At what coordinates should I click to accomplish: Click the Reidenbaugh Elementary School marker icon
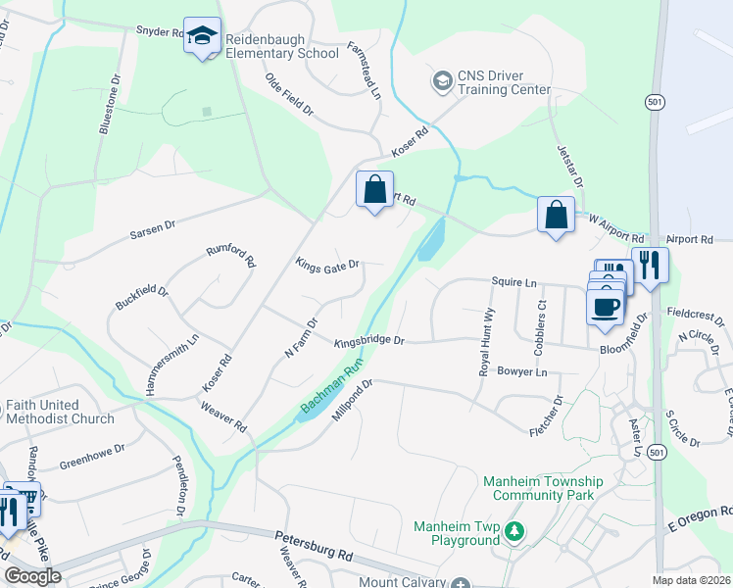tap(203, 37)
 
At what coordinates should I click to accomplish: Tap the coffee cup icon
tap(604, 305)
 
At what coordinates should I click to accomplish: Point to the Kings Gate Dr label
tap(327, 264)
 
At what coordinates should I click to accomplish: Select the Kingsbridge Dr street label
tap(368, 342)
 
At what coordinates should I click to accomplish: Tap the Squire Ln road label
tap(514, 282)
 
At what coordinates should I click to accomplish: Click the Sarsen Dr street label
tap(153, 230)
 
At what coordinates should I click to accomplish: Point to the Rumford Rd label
tap(230, 257)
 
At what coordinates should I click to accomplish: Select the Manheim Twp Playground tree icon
tap(513, 531)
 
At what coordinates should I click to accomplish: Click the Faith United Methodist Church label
tap(60, 412)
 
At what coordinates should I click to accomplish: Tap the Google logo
tap(32, 576)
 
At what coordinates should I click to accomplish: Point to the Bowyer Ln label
tap(521, 372)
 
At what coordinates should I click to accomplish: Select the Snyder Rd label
tap(160, 31)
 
